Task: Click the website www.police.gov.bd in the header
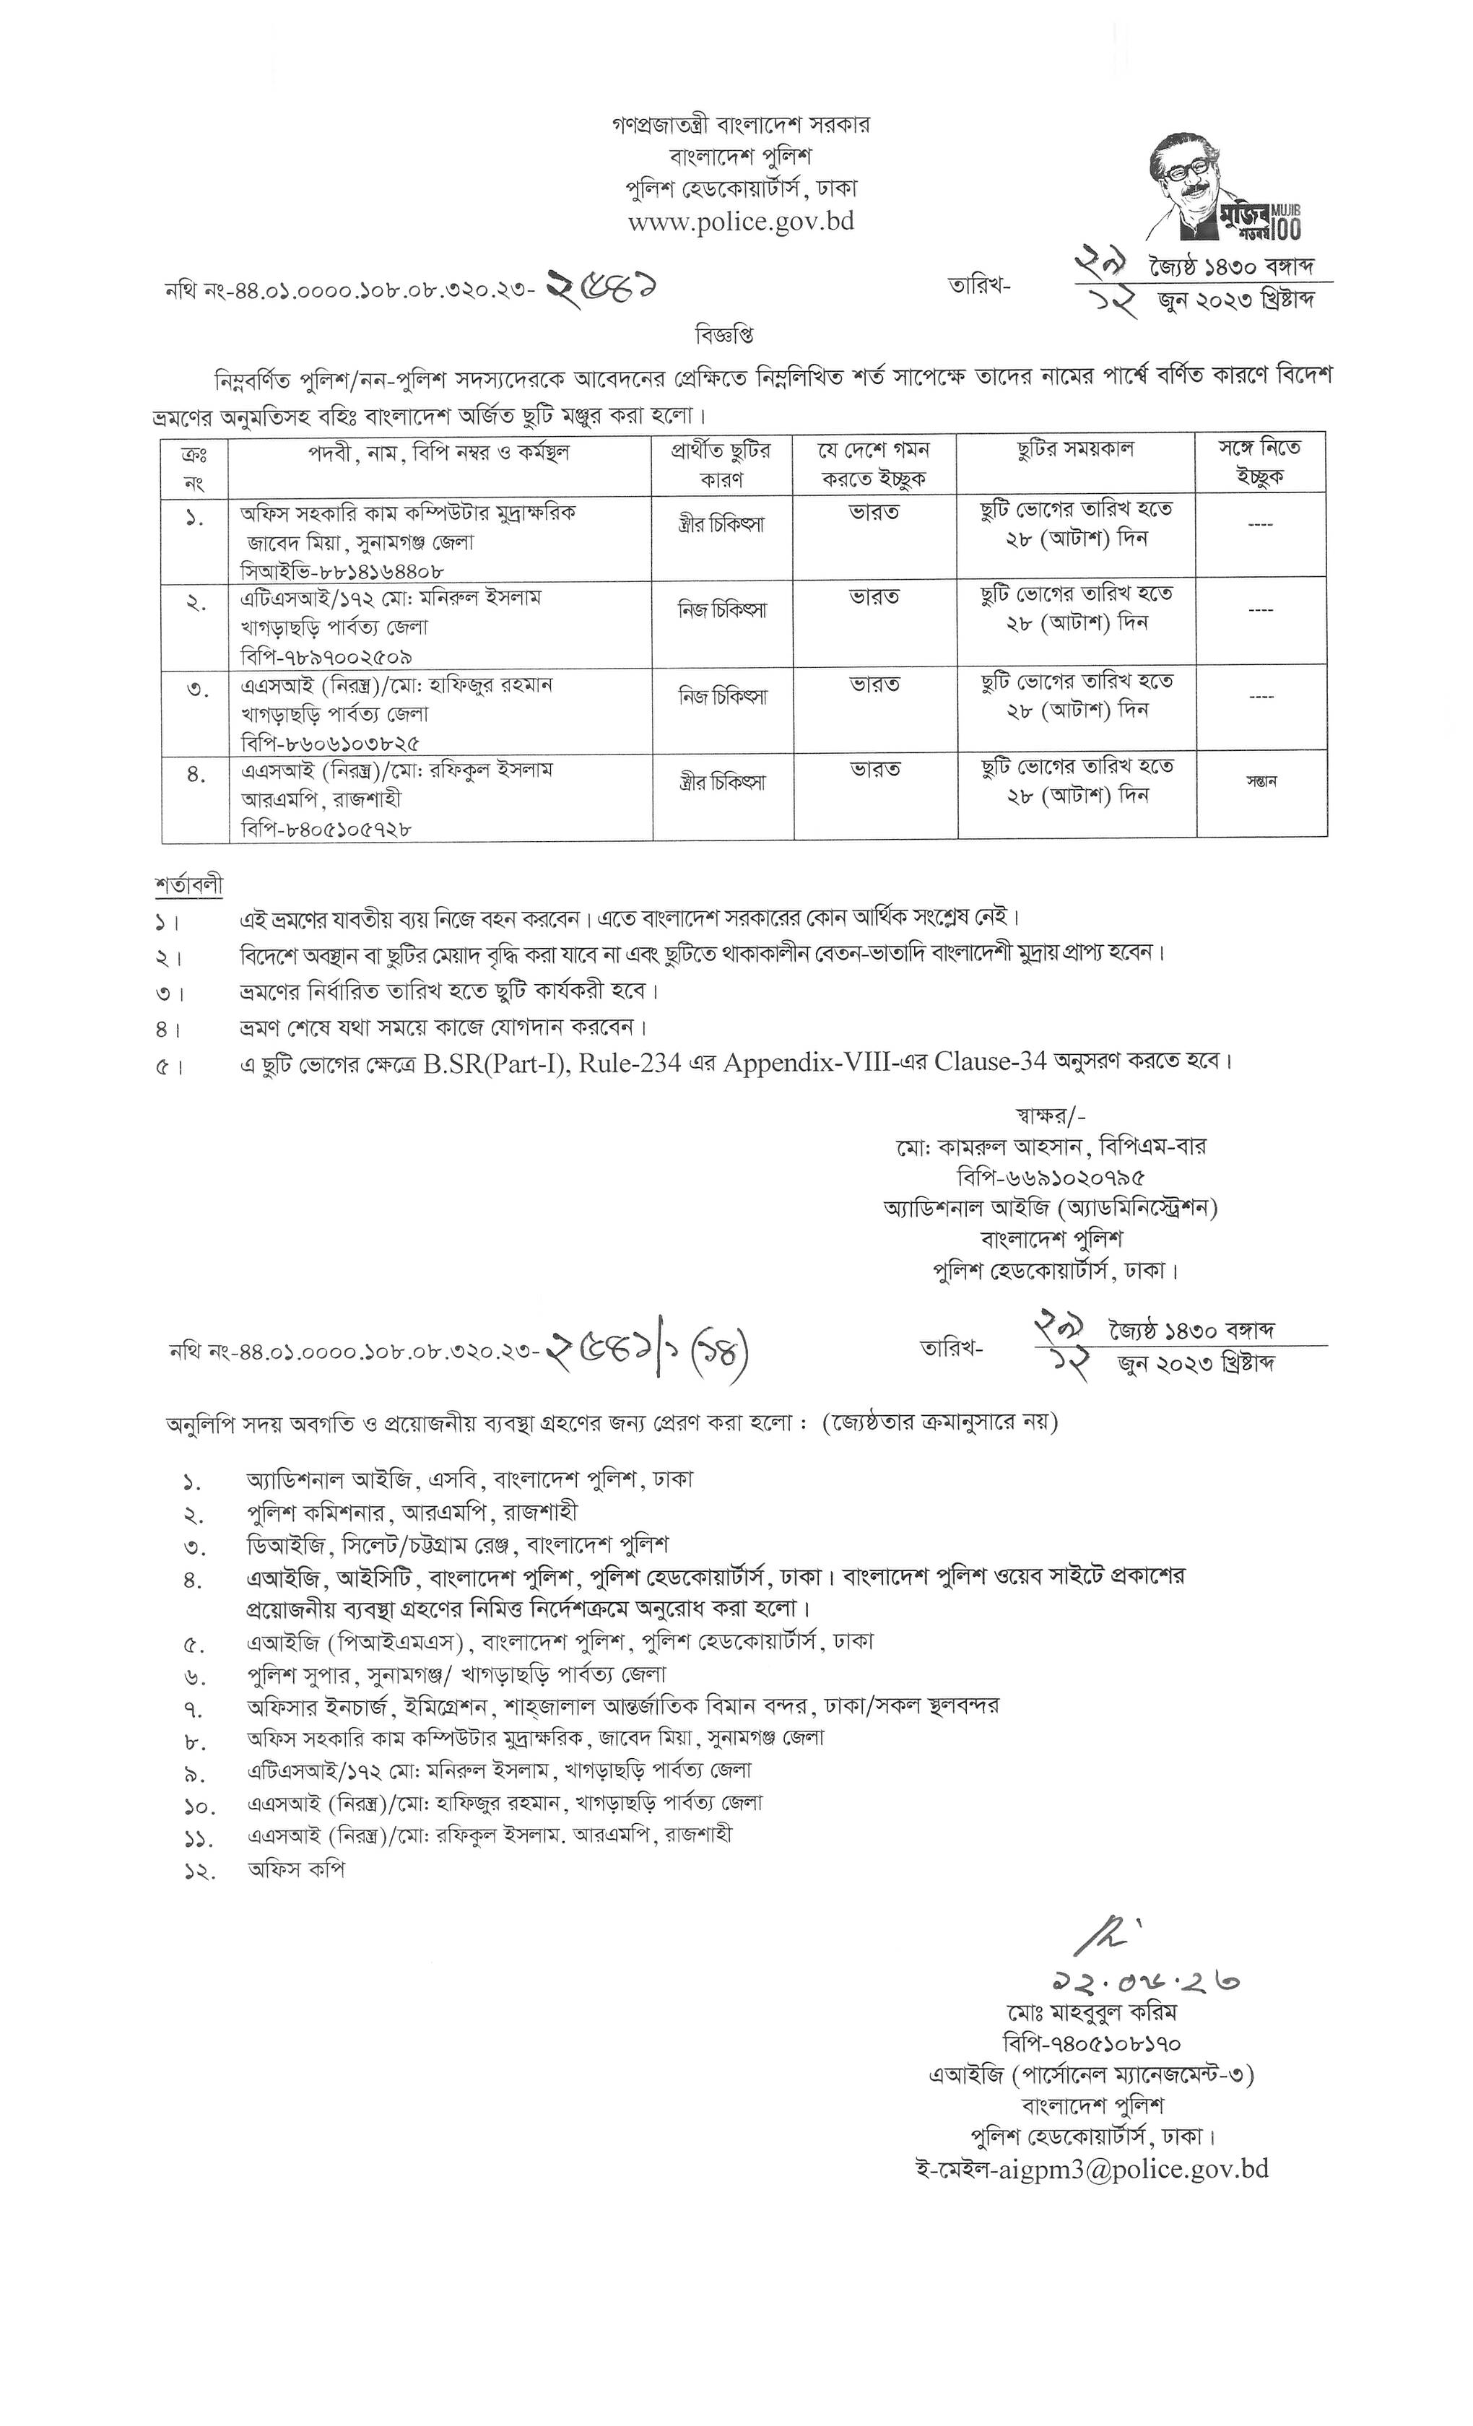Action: pyautogui.click(x=740, y=222)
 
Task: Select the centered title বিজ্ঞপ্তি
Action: pyautogui.click(x=724, y=335)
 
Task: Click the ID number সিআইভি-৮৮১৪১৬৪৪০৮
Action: pyautogui.click(x=342, y=570)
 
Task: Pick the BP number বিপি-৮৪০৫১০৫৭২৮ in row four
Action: pyautogui.click(x=326, y=829)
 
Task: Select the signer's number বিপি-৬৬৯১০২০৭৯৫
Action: pyautogui.click(x=1051, y=1177)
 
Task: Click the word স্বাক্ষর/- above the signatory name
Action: pyautogui.click(x=1051, y=1116)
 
